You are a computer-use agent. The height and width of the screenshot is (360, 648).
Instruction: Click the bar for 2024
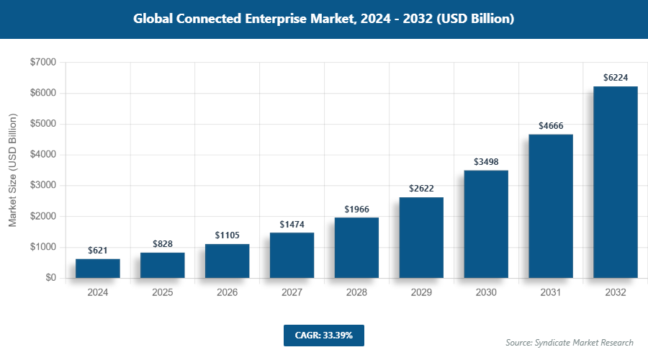[x=97, y=269]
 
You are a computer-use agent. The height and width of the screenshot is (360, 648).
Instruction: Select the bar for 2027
[x=292, y=255]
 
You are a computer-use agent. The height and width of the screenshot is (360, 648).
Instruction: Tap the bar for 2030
[x=486, y=224]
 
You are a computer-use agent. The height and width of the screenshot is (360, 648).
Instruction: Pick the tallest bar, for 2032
[x=616, y=182]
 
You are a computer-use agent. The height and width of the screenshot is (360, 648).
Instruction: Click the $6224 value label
[x=616, y=77]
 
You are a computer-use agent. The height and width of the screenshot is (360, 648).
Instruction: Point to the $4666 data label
[x=551, y=125]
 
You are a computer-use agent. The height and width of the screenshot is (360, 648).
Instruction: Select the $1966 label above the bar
[x=356, y=209]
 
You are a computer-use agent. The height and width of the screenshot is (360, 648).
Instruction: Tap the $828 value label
[x=162, y=244]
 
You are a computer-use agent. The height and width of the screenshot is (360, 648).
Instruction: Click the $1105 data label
[x=227, y=235]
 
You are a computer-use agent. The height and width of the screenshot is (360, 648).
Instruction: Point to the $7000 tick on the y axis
[x=43, y=63]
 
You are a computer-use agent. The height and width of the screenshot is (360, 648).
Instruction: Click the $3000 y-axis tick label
[x=43, y=186]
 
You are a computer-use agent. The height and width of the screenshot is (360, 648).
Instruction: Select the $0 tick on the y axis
[x=50, y=278]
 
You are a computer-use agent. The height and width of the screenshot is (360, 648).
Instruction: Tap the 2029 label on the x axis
[x=421, y=293]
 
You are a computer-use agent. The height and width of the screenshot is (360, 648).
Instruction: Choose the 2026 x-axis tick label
[x=227, y=293]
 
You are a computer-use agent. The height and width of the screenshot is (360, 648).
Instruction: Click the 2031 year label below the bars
[x=551, y=293]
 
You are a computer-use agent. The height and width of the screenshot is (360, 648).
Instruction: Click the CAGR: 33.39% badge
[x=323, y=335]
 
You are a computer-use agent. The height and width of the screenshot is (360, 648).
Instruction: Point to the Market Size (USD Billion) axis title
[x=12, y=170]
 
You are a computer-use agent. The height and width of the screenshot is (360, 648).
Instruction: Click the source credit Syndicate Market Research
[x=569, y=343]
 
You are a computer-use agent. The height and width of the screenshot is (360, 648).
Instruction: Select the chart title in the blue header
[x=323, y=19]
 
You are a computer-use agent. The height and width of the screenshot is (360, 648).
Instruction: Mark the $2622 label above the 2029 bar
[x=421, y=189]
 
